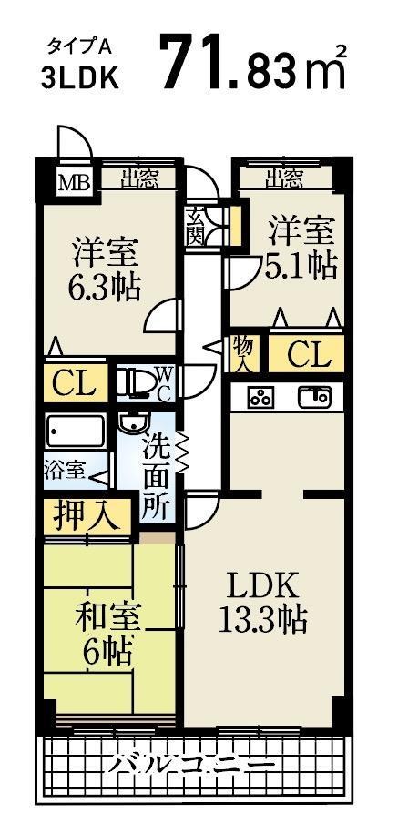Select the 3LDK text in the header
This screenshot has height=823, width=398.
tap(80, 79)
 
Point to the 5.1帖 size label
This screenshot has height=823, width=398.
tap(302, 264)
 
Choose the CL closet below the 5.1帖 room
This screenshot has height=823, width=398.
tap(309, 354)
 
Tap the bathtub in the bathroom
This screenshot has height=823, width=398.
tap(76, 432)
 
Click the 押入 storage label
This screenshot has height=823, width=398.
tap(87, 516)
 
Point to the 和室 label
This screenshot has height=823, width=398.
tap(107, 618)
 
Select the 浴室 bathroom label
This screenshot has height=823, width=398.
tap(65, 471)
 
